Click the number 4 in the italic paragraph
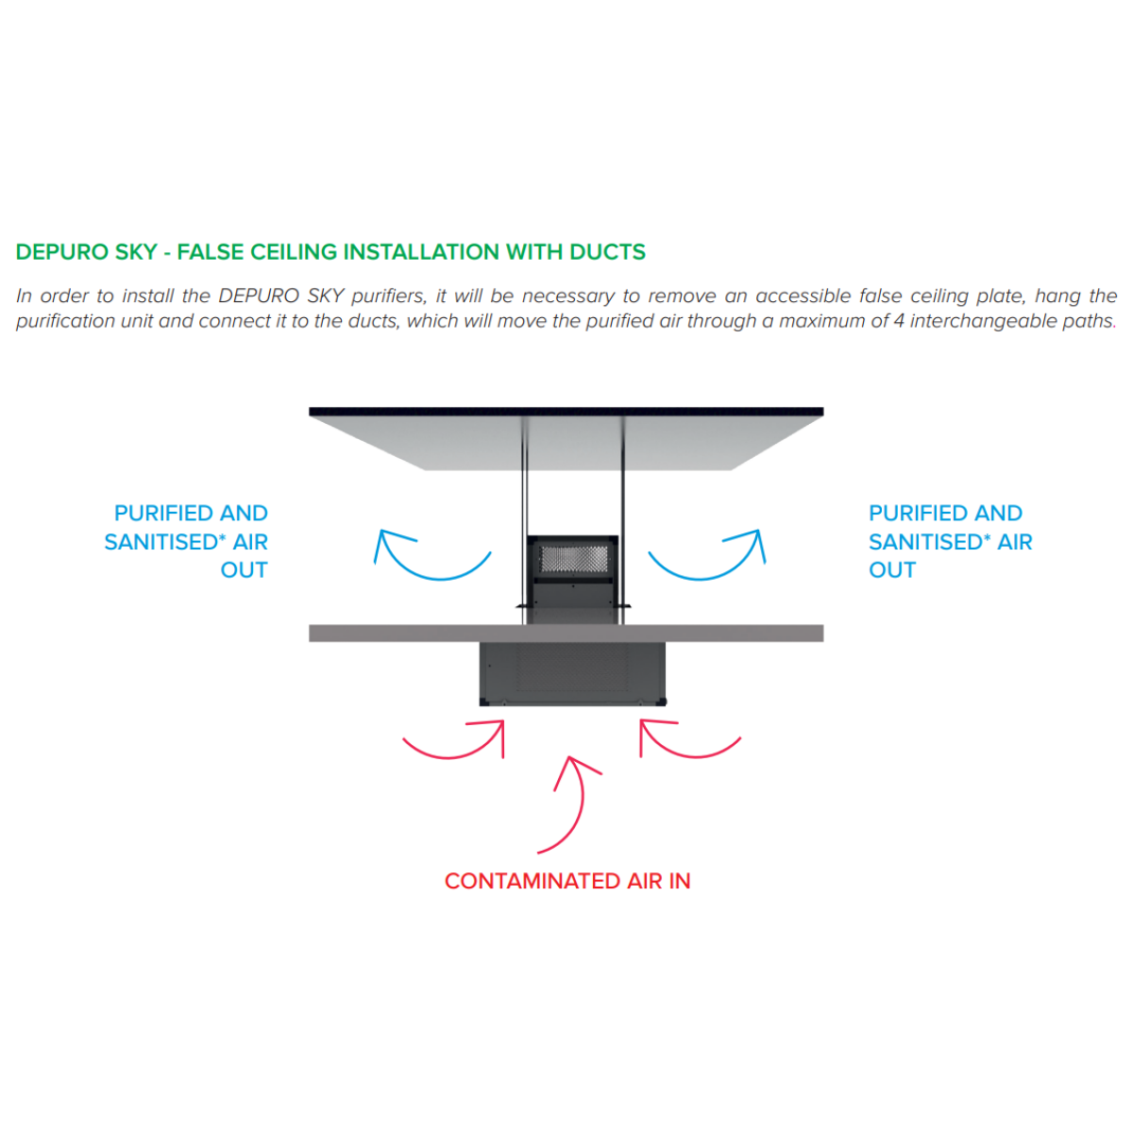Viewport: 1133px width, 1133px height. point(899,321)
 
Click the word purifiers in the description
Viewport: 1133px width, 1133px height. point(389,296)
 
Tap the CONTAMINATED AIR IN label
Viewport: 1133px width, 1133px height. point(566,881)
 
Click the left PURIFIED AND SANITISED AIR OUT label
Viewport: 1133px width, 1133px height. point(186,541)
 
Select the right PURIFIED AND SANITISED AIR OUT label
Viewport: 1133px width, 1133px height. point(950,541)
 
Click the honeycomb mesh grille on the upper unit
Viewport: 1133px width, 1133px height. point(573,559)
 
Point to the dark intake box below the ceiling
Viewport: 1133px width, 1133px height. point(573,674)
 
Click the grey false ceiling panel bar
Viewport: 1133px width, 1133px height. point(566,633)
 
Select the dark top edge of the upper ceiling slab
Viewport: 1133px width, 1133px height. point(566,412)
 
